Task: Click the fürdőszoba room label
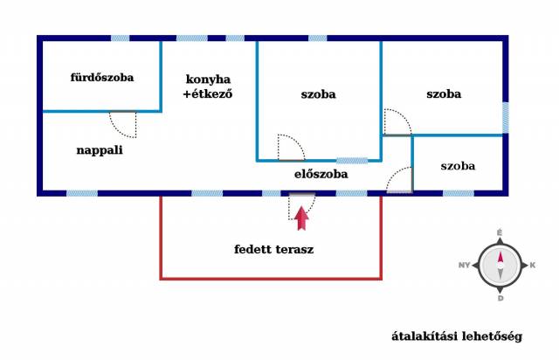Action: click(x=102, y=77)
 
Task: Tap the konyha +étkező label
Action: click(x=208, y=87)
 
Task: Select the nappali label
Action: click(x=100, y=150)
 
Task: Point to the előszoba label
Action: click(x=321, y=174)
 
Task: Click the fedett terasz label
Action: click(x=273, y=249)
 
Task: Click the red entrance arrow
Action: click(x=301, y=218)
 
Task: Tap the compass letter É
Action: click(x=500, y=233)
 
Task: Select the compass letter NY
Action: click(x=464, y=265)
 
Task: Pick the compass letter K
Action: click(x=532, y=265)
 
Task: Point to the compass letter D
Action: click(x=500, y=298)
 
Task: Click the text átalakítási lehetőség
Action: click(x=457, y=336)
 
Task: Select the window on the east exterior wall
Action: click(x=505, y=118)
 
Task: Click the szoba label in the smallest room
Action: click(x=458, y=166)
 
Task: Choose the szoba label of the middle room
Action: click(x=318, y=94)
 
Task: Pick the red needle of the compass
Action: click(x=500, y=258)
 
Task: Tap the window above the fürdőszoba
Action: click(x=121, y=38)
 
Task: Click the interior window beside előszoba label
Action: click(x=352, y=161)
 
